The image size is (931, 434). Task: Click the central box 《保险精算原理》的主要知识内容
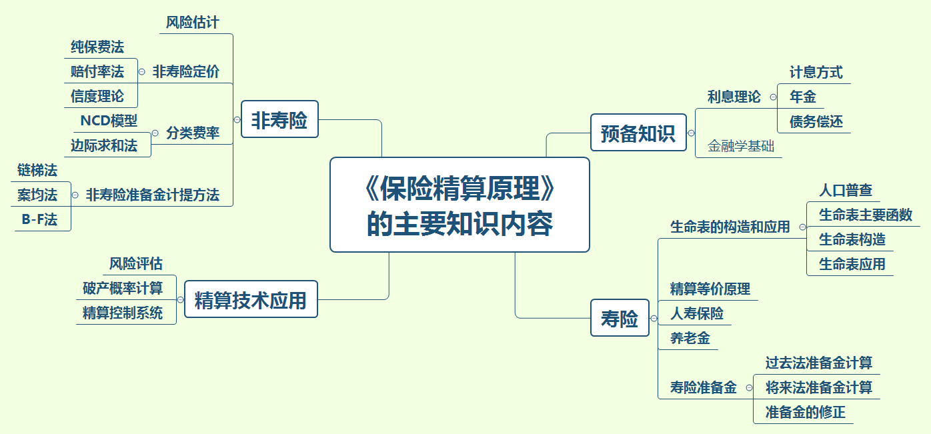(459, 205)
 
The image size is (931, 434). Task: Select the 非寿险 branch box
(279, 119)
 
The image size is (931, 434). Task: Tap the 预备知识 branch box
(638, 133)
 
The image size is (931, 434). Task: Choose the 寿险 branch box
(620, 318)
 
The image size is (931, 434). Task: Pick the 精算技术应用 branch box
(251, 299)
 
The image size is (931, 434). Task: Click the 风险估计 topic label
(192, 22)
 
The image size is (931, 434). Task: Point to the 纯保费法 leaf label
(97, 47)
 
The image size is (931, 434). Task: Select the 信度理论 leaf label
(97, 96)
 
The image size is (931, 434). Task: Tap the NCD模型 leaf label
(109, 121)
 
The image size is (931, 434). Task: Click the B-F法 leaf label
(39, 219)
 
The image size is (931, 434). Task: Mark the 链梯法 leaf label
(37, 170)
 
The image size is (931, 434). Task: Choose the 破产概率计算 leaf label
(123, 288)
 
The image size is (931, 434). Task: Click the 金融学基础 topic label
(741, 146)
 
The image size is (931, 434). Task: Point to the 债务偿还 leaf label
(816, 121)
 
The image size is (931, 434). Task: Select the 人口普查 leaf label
(846, 191)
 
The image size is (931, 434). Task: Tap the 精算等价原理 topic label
(710, 289)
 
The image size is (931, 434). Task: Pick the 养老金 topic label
(690, 338)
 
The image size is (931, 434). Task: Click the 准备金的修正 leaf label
(806, 412)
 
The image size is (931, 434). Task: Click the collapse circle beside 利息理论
(773, 97)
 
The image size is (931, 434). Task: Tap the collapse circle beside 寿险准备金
(749, 387)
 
